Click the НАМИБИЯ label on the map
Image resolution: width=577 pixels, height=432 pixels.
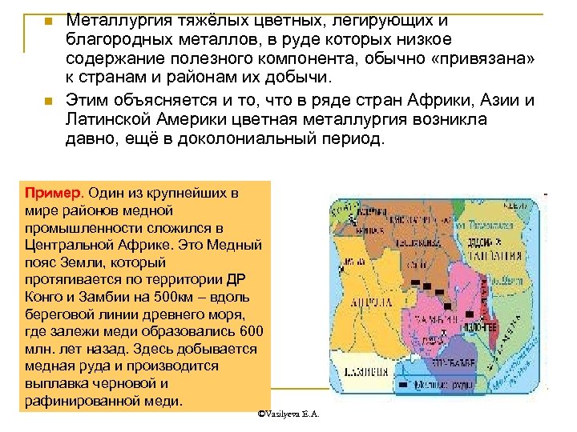362,370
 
